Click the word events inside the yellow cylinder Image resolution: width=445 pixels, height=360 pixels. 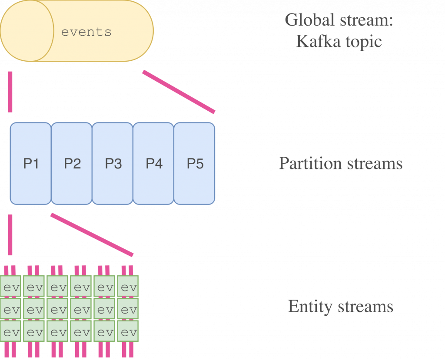[86, 32]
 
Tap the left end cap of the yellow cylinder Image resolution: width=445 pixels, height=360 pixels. [26, 31]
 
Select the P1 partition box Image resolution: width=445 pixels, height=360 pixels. [30, 163]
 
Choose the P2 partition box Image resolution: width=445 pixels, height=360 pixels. [72, 163]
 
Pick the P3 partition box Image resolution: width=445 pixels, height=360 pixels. [113, 163]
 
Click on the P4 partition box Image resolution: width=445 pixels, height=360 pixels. [153, 163]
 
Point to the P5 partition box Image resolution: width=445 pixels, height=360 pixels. [195, 163]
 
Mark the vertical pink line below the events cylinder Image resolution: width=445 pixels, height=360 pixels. [10, 92]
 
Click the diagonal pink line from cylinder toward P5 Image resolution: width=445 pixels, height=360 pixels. [179, 92]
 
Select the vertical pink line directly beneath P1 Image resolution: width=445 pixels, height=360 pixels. [10, 234]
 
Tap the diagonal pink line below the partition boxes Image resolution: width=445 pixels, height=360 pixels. [92, 234]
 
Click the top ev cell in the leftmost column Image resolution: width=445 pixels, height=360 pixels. [11, 287]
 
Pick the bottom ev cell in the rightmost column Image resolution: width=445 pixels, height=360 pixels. [128, 333]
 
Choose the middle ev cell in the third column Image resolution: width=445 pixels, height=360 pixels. [58, 310]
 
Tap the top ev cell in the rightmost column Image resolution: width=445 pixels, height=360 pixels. [128, 287]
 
